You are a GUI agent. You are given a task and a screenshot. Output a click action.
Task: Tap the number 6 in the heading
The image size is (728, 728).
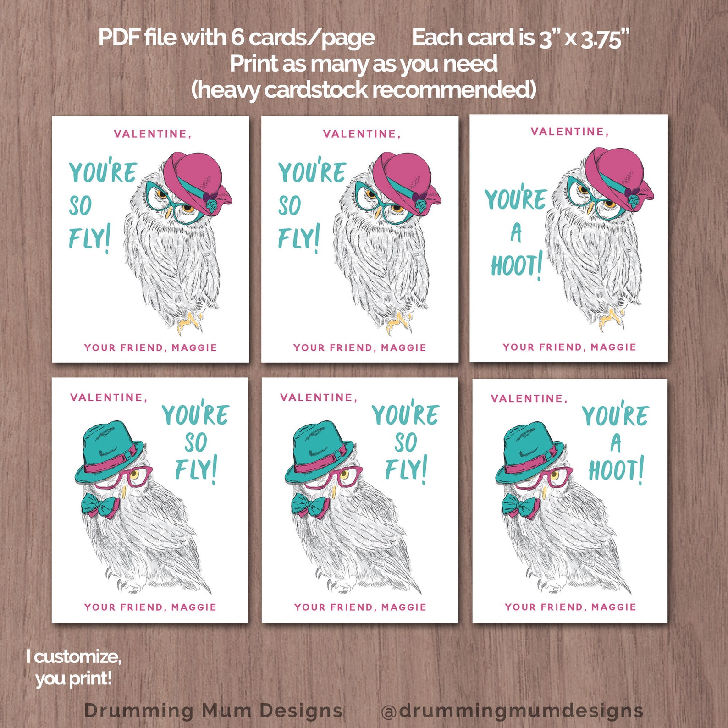(237, 38)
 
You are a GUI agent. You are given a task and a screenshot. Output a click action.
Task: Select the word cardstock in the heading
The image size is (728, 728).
(316, 90)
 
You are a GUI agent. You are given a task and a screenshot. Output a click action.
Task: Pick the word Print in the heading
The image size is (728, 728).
(254, 64)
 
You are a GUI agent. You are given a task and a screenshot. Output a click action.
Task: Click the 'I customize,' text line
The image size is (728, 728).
(74, 656)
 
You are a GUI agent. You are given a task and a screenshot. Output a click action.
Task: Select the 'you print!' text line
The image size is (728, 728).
(74, 678)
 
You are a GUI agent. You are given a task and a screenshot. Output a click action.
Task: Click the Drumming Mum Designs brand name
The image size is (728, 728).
(213, 711)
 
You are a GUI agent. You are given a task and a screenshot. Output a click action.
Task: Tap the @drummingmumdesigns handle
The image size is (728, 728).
(512, 711)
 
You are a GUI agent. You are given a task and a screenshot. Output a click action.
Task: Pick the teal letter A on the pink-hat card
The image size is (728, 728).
(516, 232)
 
